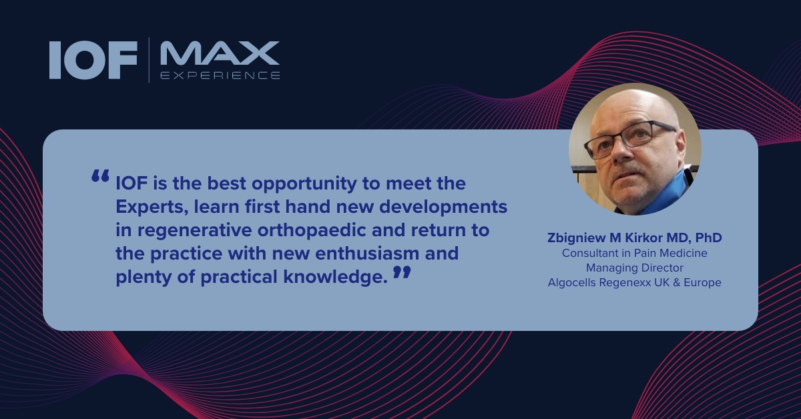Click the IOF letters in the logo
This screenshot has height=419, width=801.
point(93,59)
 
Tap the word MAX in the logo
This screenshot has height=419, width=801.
point(220,53)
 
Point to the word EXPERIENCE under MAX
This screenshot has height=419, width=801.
point(220,75)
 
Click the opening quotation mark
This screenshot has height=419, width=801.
point(100,177)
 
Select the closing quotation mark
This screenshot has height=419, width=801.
point(402,272)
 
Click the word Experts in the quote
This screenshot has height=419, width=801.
point(152,207)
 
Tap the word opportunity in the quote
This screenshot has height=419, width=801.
point(304,184)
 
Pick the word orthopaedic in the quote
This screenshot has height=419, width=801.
point(311,231)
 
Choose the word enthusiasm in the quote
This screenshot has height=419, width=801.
point(367,254)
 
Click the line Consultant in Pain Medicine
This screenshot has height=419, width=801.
point(634,253)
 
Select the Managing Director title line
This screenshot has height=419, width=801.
point(634,268)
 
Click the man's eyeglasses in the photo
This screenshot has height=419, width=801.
point(629,139)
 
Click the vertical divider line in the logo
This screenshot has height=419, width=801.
point(149,59)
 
